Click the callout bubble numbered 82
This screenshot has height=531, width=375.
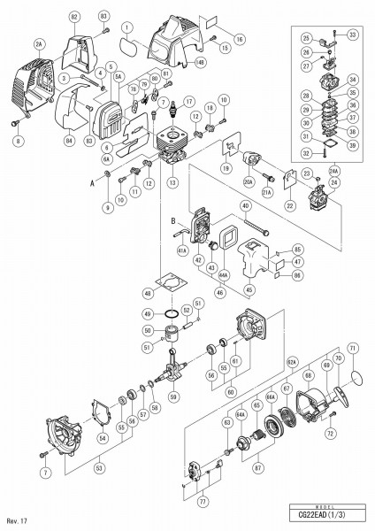pos(73,18)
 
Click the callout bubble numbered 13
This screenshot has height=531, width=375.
pos(172,183)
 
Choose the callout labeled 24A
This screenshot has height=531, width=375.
pos(334,169)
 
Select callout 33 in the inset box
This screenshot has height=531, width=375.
pos(352,35)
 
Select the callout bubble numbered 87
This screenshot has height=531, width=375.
pos(259,466)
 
